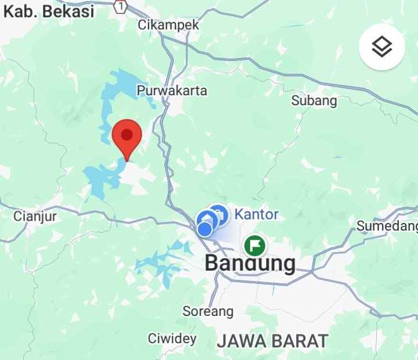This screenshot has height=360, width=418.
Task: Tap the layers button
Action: (381, 47)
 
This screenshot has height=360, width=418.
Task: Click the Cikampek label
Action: (168, 25)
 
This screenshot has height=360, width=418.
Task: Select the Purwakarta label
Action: (172, 91)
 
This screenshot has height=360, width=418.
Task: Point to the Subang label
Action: (313, 100)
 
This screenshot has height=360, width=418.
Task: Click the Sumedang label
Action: (387, 225)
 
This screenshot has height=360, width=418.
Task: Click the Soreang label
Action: (208, 311)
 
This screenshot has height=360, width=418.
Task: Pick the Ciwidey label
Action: (172, 338)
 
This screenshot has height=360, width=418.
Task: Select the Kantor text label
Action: (256, 214)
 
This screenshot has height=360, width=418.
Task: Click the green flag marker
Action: (254, 246)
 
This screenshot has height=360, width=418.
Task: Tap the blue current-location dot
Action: (204, 229)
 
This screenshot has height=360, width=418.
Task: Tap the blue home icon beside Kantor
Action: (218, 214)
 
